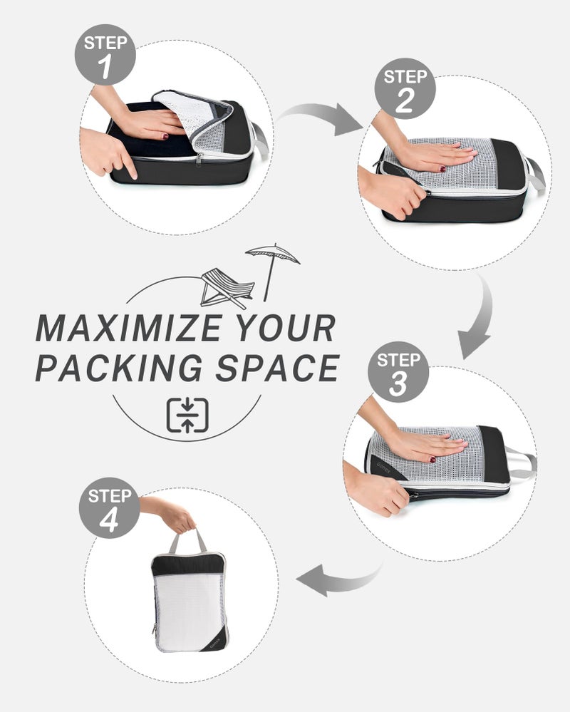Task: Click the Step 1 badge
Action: click(x=105, y=54)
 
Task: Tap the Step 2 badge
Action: click(x=405, y=88)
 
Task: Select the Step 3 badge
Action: click(x=398, y=372)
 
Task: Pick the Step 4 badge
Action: click(x=110, y=507)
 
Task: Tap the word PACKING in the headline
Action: click(x=119, y=367)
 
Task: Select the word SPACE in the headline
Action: click(x=277, y=367)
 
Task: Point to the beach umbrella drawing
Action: click(x=272, y=272)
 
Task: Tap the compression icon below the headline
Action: click(x=187, y=415)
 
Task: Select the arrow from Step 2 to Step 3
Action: click(x=481, y=318)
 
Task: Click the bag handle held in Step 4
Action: click(x=187, y=540)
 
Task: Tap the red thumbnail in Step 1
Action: click(x=165, y=135)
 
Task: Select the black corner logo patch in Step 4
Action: click(x=217, y=641)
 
